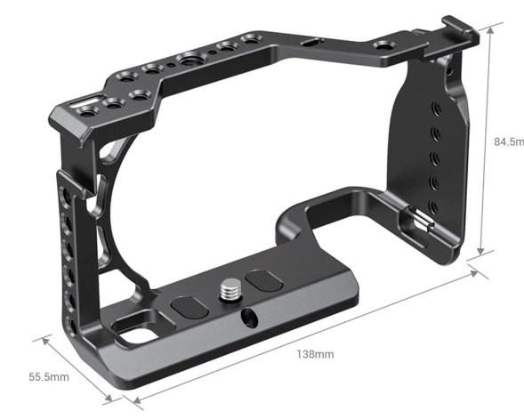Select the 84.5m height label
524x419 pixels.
click(506, 141)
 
